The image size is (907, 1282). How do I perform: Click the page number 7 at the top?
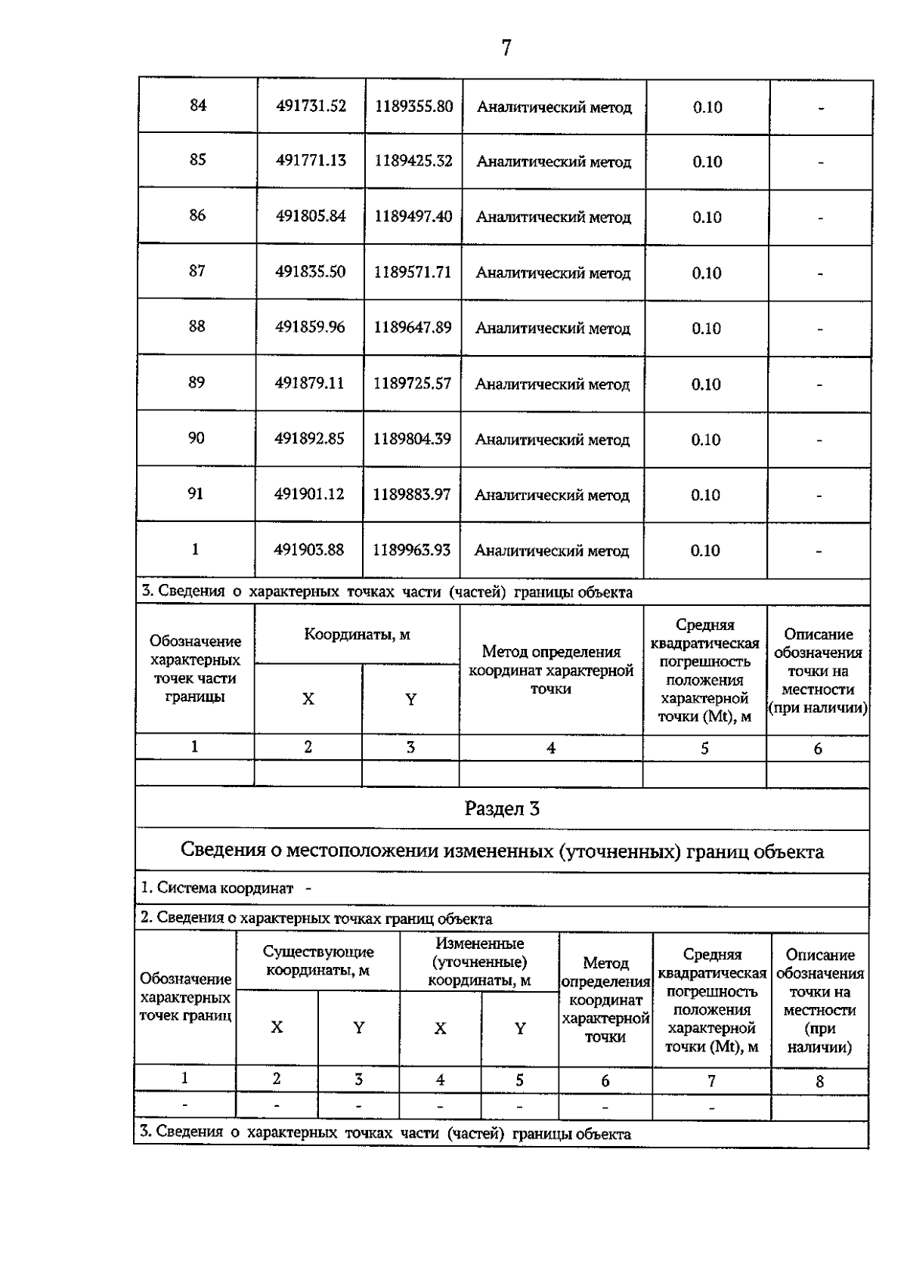(506, 48)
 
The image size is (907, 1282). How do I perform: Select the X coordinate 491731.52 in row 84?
(311, 106)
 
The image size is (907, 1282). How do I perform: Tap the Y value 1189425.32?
(413, 161)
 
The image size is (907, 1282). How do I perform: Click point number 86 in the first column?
(197, 215)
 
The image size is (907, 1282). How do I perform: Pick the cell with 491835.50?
(310, 272)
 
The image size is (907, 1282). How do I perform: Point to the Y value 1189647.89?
(413, 327)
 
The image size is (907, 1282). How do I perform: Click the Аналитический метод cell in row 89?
(552, 385)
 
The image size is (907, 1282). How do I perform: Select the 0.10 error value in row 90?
(705, 440)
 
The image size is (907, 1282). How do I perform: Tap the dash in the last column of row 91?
(819, 496)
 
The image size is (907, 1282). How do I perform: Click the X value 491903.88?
(308, 550)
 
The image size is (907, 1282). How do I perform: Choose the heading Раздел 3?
(502, 809)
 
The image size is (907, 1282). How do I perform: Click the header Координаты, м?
(357, 635)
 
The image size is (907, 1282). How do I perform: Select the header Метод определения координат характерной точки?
(551, 670)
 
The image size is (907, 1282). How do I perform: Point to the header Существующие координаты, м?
(317, 961)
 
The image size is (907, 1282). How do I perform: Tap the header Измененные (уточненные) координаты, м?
(479, 962)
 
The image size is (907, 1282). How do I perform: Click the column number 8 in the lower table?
(819, 1082)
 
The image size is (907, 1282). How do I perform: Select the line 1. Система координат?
(218, 888)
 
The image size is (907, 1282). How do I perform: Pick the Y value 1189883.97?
(411, 494)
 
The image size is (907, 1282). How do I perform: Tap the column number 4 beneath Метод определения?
(551, 748)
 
